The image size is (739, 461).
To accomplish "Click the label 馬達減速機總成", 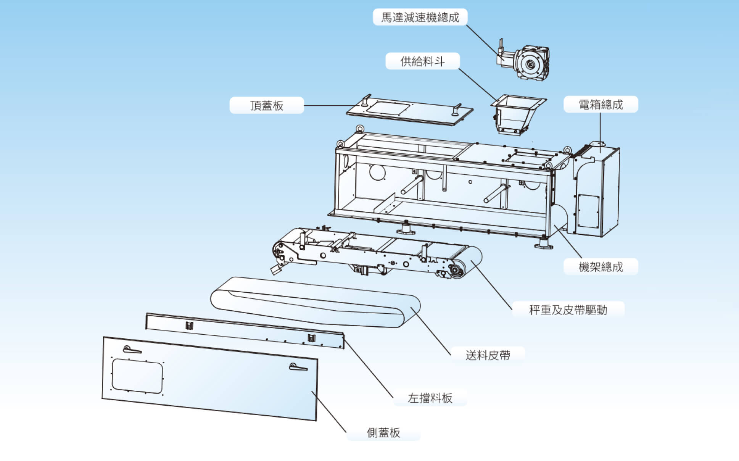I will [420, 17].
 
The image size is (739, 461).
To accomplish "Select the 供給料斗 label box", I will [422, 61].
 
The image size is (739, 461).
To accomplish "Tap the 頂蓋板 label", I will [267, 105].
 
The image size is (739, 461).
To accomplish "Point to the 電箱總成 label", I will [601, 104].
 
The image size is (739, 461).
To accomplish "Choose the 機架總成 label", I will [601, 266].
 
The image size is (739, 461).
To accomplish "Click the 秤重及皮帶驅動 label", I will [568, 309].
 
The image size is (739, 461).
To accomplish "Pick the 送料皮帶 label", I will [488, 355].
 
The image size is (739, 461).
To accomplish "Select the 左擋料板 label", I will [430, 398].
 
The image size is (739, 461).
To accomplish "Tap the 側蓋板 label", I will [383, 432].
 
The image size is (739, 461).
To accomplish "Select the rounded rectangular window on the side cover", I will [137, 376].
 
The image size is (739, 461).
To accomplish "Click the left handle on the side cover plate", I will [132, 350].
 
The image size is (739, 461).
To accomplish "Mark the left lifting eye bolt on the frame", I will [340, 144].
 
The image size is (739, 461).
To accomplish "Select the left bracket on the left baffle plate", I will [189, 326].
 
